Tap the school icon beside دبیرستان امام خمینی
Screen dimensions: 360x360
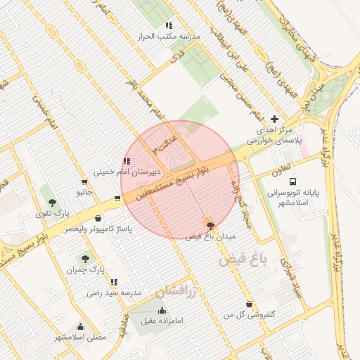(127, 161)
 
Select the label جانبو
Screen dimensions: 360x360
(84, 191)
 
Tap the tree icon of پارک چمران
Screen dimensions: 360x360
(85, 259)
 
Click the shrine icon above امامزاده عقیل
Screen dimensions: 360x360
(162, 310)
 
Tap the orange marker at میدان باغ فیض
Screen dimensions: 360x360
(210, 224)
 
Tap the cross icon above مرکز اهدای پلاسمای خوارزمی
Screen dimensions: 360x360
(274, 120)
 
